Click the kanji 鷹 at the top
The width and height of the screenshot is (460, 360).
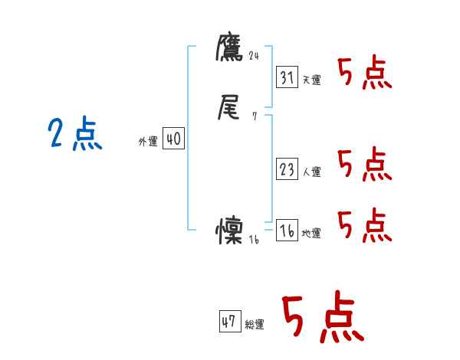[229, 48]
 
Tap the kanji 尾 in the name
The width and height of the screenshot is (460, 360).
[229, 110]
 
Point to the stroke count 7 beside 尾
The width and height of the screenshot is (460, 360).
[254, 117]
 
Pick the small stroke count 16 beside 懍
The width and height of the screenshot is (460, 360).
[255, 239]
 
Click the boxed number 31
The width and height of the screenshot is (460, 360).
[287, 77]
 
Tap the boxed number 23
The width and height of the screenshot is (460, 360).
[287, 169]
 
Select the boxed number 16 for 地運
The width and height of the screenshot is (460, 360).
[287, 231]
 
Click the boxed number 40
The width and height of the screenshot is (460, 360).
[173, 139]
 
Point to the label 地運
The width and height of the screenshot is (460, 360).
[311, 234]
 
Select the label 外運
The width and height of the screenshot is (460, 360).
[148, 142]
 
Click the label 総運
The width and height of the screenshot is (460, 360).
[255, 325]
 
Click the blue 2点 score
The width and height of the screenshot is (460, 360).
[74, 135]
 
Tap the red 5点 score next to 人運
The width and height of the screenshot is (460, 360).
[364, 164]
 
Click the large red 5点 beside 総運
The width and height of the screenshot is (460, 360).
[322, 318]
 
